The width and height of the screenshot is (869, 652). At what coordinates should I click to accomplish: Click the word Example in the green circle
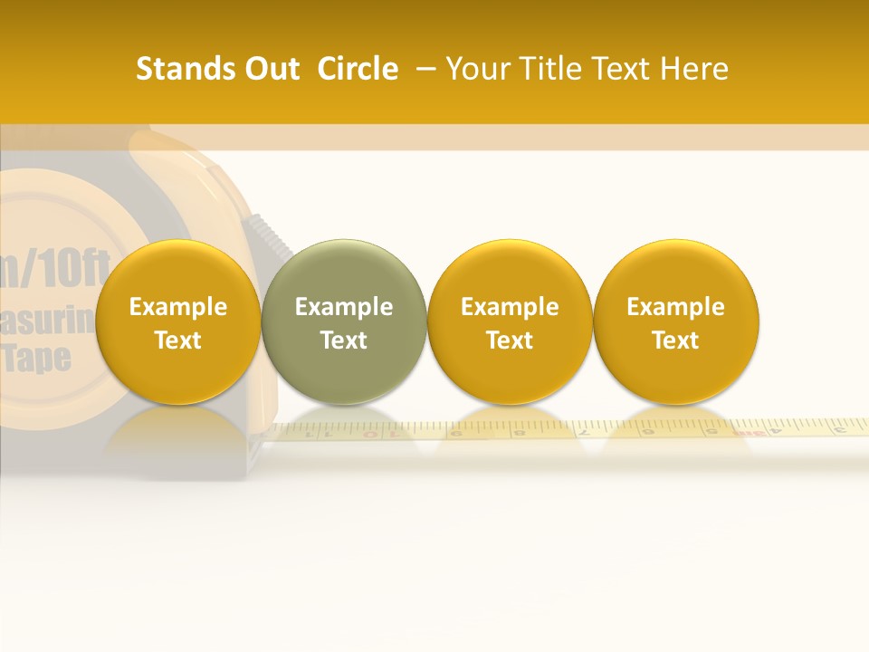coord(344,307)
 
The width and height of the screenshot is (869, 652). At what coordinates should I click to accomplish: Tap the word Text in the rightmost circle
coord(676,340)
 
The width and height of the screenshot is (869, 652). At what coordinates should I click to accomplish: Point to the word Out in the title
coord(272,69)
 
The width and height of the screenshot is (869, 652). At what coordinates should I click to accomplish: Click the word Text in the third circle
coord(510,340)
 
